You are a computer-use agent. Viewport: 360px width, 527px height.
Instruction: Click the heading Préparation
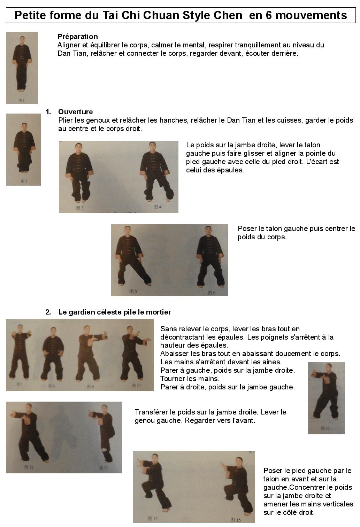78,37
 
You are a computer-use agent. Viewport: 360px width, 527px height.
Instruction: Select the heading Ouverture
75,112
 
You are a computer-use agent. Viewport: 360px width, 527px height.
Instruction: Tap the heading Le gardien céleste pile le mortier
115,312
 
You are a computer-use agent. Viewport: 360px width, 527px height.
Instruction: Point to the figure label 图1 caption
21,100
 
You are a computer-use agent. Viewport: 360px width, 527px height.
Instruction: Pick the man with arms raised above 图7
20,352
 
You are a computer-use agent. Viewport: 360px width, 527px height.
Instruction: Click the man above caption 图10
133,354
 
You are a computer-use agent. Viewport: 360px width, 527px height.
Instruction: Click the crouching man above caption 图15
239,486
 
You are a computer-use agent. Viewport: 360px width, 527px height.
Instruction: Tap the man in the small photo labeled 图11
326,392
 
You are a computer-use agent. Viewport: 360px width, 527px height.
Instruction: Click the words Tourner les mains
190,379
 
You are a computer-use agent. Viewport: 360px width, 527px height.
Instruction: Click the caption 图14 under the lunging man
152,518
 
